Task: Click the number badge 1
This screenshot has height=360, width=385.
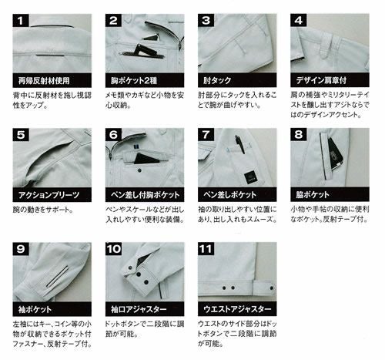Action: coord(20,19)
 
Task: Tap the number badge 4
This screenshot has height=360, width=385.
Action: coord(298,19)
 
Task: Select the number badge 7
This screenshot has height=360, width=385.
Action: coord(206,133)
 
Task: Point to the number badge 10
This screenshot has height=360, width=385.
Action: coord(114,250)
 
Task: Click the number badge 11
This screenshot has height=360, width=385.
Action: coord(206,250)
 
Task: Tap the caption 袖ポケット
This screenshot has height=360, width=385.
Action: coord(35,310)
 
